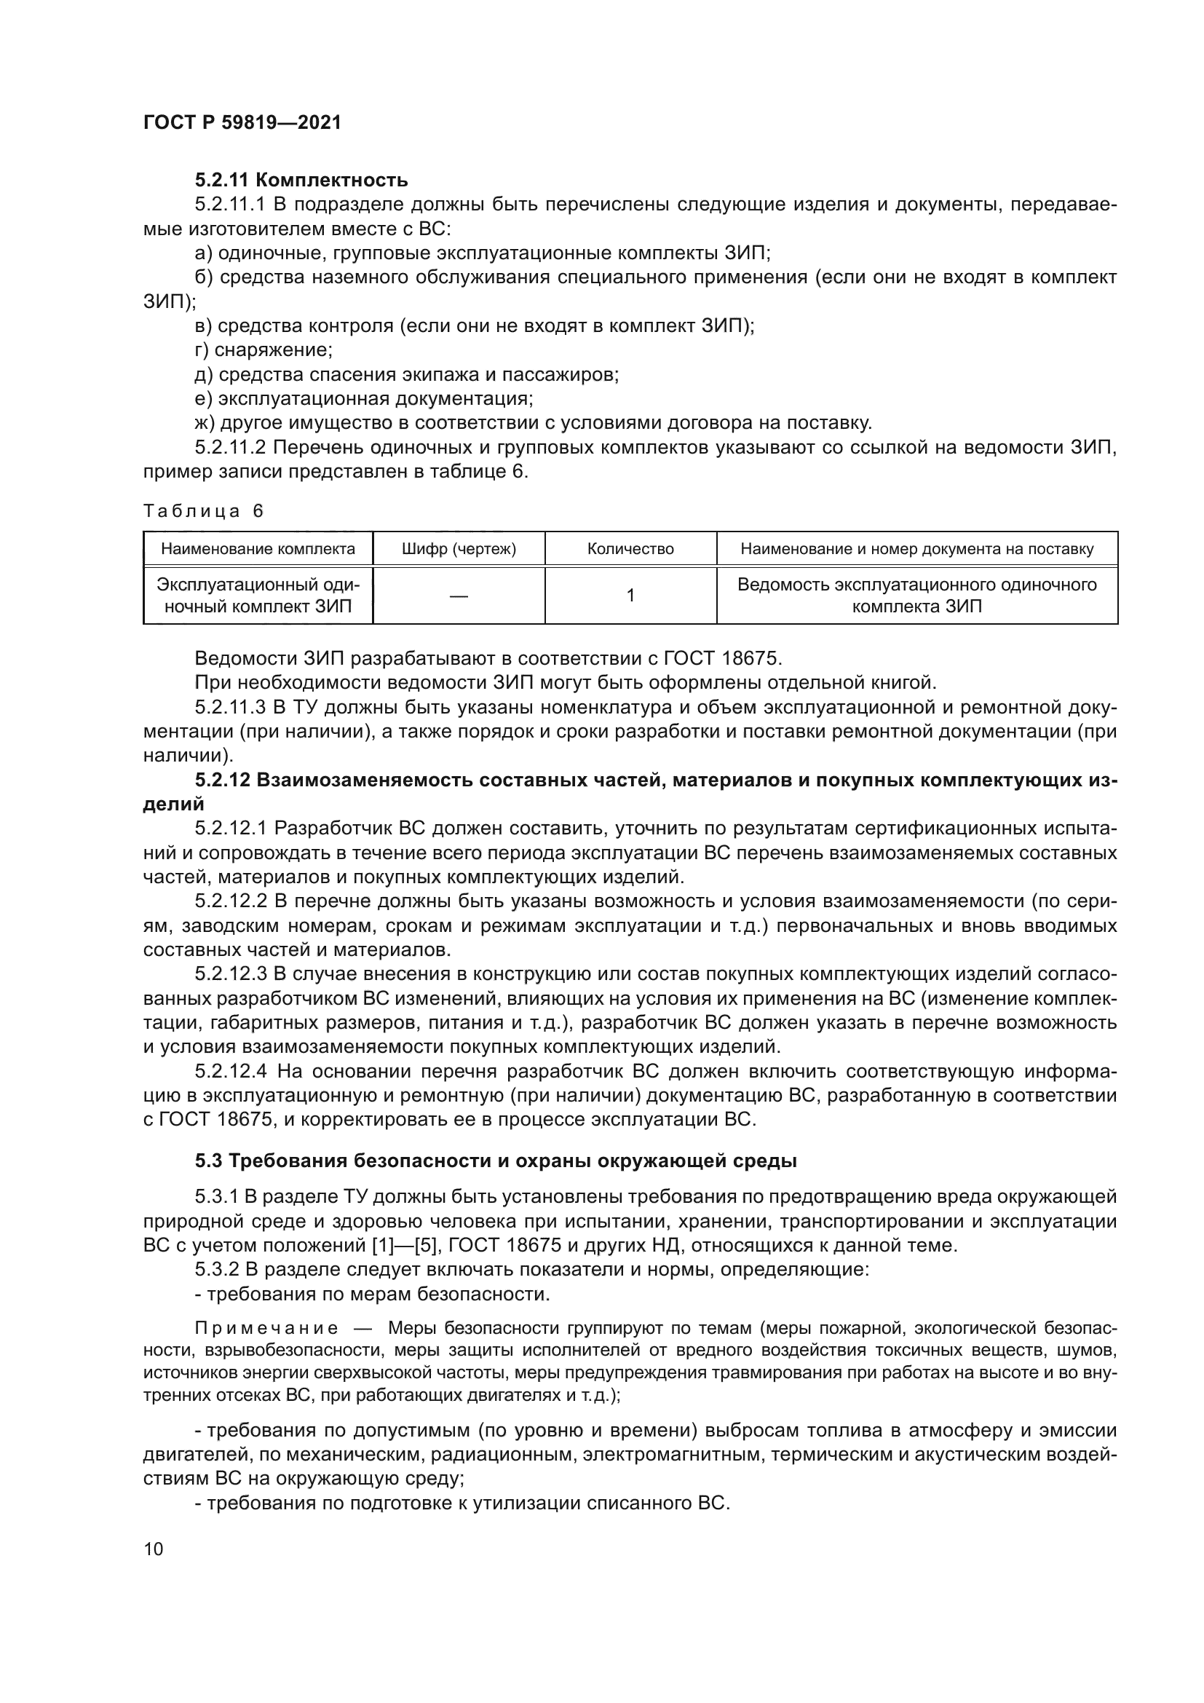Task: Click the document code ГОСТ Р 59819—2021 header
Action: tap(242, 123)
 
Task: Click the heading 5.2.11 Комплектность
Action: tap(301, 181)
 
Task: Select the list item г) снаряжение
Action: tap(264, 350)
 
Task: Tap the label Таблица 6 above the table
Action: tap(203, 511)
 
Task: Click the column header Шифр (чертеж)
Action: tap(458, 550)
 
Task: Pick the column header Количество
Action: tap(630, 550)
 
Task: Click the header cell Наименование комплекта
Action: tap(258, 550)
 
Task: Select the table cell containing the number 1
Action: tap(630, 596)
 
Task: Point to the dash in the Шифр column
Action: tap(458, 596)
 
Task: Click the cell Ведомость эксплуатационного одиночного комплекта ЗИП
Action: tap(916, 596)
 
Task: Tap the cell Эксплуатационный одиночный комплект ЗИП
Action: tap(258, 596)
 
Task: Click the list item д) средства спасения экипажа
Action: tap(406, 374)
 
